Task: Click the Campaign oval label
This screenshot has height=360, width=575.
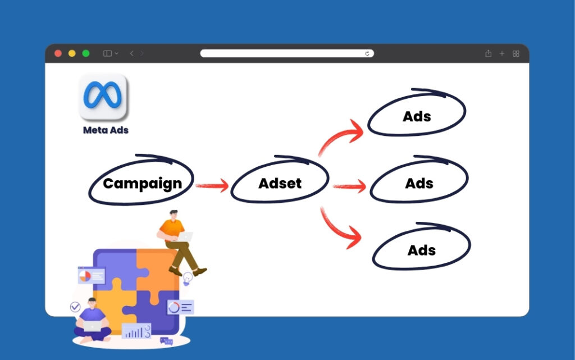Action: (x=142, y=183)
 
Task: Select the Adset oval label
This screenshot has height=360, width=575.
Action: (x=280, y=183)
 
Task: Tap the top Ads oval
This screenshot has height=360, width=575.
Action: (x=417, y=116)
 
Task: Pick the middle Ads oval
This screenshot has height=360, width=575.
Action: (x=419, y=183)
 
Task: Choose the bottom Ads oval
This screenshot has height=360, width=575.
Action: (x=421, y=250)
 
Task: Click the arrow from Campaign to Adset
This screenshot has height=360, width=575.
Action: (x=212, y=185)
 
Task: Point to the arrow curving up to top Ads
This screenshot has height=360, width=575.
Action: (x=340, y=135)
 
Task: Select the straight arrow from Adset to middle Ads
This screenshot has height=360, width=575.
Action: (x=349, y=186)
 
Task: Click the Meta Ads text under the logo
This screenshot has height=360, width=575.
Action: (x=106, y=130)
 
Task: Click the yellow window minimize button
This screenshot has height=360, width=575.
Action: (x=72, y=53)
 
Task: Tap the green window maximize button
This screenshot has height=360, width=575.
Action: (x=86, y=53)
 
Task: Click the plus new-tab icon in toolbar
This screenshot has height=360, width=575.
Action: (x=502, y=53)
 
